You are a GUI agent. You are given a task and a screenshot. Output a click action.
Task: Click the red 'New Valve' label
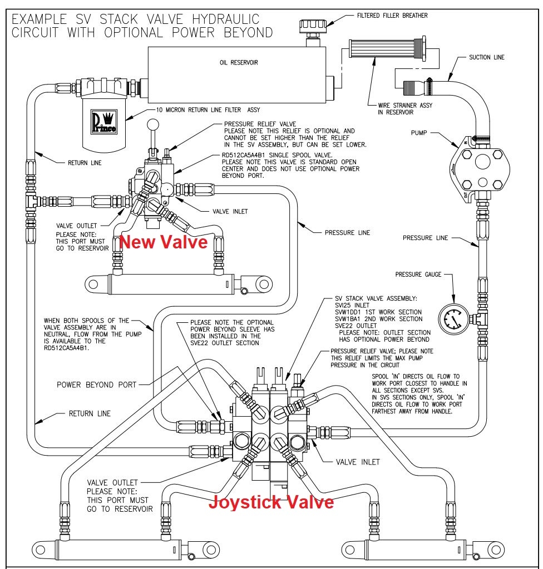click(164, 243)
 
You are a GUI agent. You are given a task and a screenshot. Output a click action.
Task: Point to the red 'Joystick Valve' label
click(271, 502)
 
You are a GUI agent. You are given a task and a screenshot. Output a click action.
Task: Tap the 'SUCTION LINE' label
click(487, 57)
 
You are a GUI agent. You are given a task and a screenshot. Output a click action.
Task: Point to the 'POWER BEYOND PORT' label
click(93, 385)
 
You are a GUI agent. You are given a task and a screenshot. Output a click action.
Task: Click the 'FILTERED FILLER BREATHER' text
click(392, 16)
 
